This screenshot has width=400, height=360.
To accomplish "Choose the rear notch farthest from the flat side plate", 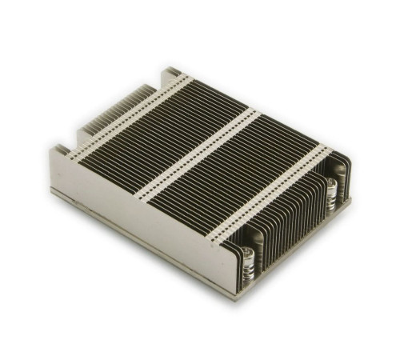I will click(152, 80).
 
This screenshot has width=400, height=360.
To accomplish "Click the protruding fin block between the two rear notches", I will click(104, 116).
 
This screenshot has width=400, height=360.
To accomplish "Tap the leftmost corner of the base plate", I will click(52, 192).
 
